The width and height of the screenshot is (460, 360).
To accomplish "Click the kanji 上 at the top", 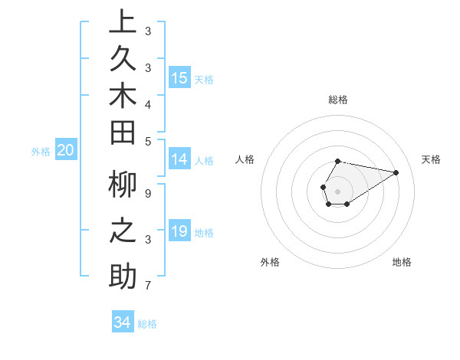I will pyautogui.click(x=123, y=22).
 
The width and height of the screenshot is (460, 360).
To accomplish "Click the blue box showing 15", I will pyautogui.click(x=179, y=78).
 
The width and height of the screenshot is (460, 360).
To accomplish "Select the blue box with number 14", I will pyautogui.click(x=179, y=160).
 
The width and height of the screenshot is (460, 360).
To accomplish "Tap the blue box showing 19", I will pyautogui.click(x=179, y=231).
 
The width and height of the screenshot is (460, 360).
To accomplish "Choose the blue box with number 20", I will pyautogui.click(x=65, y=151).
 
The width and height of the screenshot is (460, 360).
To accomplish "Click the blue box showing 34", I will pyautogui.click(x=123, y=322).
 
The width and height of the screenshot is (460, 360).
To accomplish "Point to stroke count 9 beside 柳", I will pyautogui.click(x=148, y=193).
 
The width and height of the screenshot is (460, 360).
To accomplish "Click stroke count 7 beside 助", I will pyautogui.click(x=148, y=286).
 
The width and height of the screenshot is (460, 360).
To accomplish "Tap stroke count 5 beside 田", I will pyautogui.click(x=148, y=141).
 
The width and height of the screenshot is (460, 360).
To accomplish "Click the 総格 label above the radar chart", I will pyautogui.click(x=338, y=100).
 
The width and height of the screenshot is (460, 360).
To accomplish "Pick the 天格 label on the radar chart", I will pyautogui.click(x=431, y=159).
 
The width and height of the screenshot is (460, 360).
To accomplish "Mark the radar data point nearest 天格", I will pyautogui.click(x=396, y=172).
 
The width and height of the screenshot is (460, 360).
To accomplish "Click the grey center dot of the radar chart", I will pyautogui.click(x=338, y=191).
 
